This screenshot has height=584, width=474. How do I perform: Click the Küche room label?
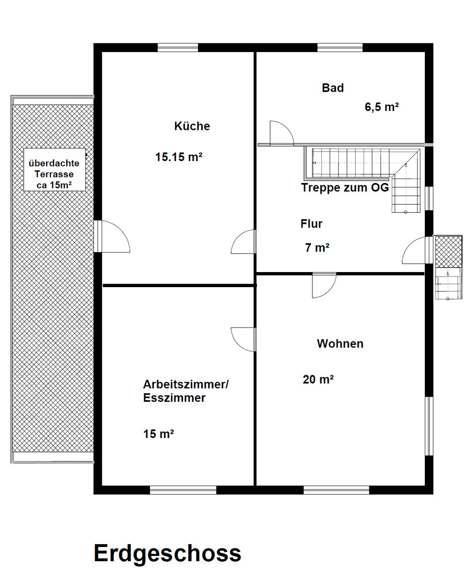click(192, 126)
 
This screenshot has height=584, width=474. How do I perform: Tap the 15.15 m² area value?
click(179, 157)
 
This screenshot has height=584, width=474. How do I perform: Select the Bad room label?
click(332, 88)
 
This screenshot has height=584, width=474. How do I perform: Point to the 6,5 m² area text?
click(382, 107)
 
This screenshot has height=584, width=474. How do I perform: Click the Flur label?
click(311, 224)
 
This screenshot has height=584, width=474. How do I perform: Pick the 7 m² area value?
click(317, 248)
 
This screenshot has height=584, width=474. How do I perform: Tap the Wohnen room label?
click(340, 344)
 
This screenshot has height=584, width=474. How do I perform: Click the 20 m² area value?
click(318, 380)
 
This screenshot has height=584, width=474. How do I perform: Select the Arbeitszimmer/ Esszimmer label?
click(185, 391)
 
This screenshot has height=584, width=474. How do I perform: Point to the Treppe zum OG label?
click(345, 187)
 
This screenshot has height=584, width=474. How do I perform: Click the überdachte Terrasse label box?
click(55, 169)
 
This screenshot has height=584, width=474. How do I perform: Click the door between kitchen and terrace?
click(111, 236)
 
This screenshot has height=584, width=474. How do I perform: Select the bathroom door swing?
click(282, 133)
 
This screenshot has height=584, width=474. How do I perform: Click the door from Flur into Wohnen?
click(324, 285)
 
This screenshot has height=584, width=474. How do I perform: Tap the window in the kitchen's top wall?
click(178, 47)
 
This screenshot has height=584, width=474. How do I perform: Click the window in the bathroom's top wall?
click(340, 47)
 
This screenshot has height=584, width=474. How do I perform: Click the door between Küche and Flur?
click(244, 241)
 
